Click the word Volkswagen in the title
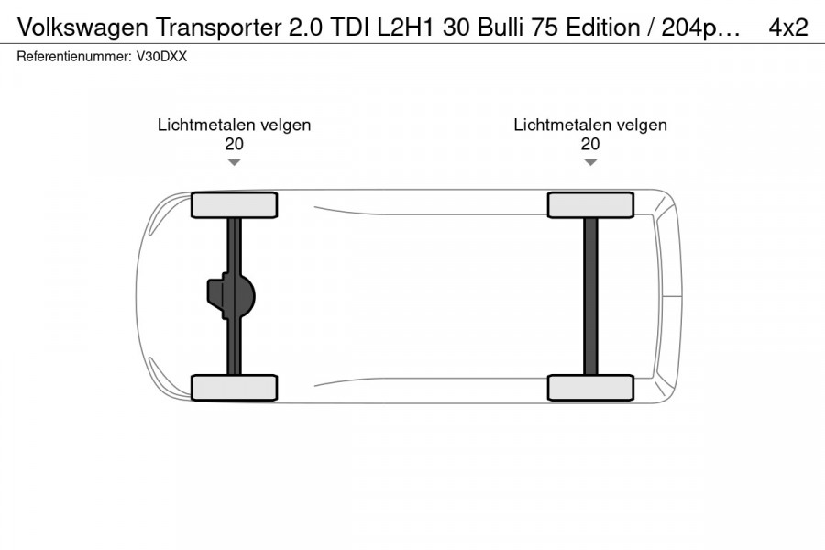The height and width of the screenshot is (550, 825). pyautogui.click(x=82, y=27)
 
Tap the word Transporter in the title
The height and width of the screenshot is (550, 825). pyautogui.click(x=218, y=27)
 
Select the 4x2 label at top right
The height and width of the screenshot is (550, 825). pyautogui.click(x=787, y=27)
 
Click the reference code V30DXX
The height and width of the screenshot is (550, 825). pyautogui.click(x=161, y=56)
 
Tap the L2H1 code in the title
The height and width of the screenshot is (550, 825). pyautogui.click(x=405, y=27)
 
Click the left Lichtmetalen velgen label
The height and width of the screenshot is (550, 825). pyautogui.click(x=234, y=126)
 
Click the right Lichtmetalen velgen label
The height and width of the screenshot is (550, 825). pyautogui.click(x=590, y=126)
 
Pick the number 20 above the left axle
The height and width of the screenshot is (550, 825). pyautogui.click(x=234, y=144)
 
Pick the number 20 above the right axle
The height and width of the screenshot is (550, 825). pyautogui.click(x=590, y=144)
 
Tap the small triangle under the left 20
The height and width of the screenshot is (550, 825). pyautogui.click(x=234, y=162)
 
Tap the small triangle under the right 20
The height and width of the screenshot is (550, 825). pyautogui.click(x=590, y=162)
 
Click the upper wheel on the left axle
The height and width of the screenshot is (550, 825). pyautogui.click(x=234, y=205)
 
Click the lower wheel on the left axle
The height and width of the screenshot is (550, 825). pyautogui.click(x=234, y=388)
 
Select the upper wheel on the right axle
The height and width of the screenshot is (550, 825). pyautogui.click(x=590, y=205)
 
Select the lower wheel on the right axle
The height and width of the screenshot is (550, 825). pyautogui.click(x=590, y=388)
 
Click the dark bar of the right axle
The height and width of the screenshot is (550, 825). pyautogui.click(x=591, y=296)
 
